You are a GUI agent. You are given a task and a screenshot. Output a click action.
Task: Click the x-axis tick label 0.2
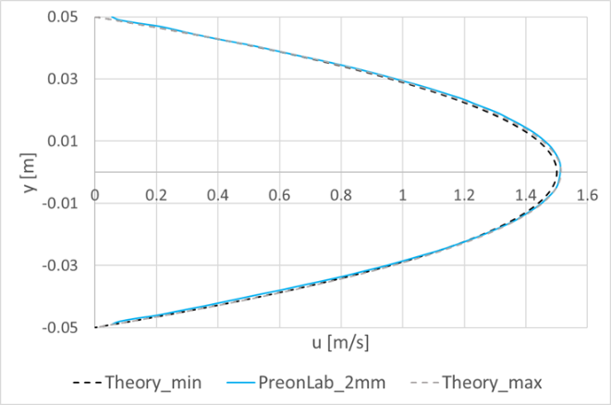pyautogui.click(x=156, y=195)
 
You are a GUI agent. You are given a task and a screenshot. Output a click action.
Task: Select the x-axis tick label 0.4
pyautogui.click(x=218, y=195)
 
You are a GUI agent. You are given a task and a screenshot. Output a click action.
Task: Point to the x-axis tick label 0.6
pyautogui.click(x=279, y=195)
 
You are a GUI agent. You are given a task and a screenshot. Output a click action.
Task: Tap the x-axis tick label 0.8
pyautogui.click(x=341, y=195)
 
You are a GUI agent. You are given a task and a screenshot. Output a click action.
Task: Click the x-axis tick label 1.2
pyautogui.click(x=464, y=195)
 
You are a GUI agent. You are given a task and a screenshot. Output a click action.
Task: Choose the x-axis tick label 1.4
pyautogui.click(x=526, y=195)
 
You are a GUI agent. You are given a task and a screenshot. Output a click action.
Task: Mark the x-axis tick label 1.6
pyautogui.click(x=588, y=195)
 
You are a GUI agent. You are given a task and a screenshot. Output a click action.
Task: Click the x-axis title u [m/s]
pyautogui.click(x=341, y=344)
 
